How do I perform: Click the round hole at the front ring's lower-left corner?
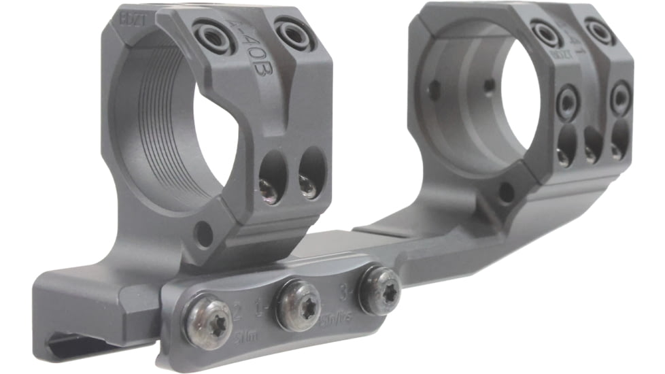(x=203, y=235)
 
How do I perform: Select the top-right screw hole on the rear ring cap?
(x=600, y=31)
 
